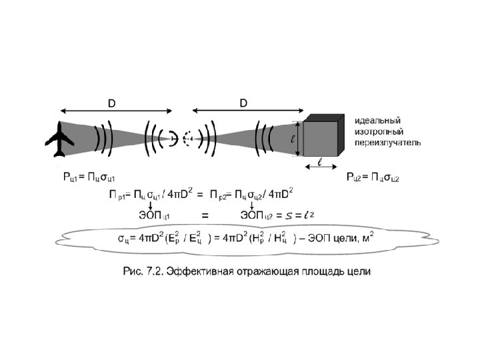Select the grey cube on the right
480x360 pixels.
(x=324, y=137)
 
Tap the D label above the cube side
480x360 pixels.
(x=244, y=103)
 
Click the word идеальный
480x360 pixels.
(x=378, y=121)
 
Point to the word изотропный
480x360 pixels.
(x=380, y=131)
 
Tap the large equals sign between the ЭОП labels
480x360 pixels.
(x=205, y=215)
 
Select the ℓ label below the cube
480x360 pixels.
(x=320, y=161)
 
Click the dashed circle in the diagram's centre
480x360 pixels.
(x=188, y=139)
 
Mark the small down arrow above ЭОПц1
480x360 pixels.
(x=149, y=204)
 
